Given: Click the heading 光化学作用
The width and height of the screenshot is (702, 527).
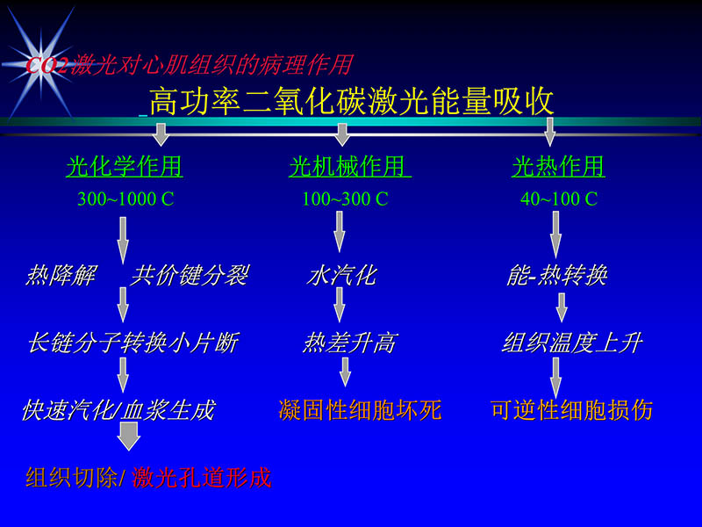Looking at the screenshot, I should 124,166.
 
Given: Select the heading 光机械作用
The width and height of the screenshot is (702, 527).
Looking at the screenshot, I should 348,166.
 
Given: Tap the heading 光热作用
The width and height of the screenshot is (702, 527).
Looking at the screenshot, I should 558,166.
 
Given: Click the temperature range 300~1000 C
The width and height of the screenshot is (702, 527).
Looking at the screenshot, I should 125,199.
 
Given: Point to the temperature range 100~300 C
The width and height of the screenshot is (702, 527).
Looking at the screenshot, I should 345,199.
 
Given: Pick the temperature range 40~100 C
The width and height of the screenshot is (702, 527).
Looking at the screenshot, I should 558,199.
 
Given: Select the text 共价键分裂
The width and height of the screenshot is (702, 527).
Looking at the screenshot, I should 189,277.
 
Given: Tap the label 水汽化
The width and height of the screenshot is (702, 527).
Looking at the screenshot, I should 340,277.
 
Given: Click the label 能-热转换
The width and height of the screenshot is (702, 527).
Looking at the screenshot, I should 557,277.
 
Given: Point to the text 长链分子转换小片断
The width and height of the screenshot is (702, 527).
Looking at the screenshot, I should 133,343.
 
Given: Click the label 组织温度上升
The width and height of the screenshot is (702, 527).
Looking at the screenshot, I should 571,343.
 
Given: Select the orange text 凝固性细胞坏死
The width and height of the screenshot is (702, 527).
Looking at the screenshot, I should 360,409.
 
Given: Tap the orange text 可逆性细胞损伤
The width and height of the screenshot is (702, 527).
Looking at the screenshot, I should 571,409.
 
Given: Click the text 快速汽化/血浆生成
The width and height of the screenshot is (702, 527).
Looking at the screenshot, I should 118,410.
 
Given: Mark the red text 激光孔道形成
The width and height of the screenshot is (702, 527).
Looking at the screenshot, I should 201,478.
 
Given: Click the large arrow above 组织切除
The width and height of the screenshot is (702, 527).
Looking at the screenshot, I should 128,436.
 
